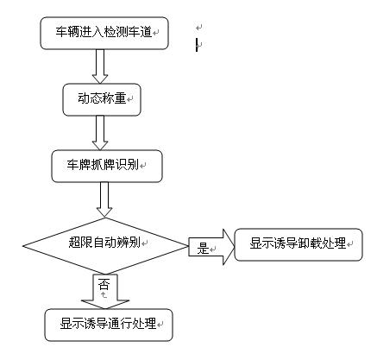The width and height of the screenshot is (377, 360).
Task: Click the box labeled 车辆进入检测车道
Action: click(103, 34)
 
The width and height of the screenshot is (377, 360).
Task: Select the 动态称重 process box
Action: click(101, 99)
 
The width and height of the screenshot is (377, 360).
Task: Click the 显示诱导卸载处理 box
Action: click(297, 243)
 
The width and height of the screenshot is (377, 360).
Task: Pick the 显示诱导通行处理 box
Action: click(108, 325)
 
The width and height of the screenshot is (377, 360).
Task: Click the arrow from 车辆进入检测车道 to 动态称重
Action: click(101, 66)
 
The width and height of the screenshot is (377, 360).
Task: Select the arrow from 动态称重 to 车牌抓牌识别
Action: click(101, 131)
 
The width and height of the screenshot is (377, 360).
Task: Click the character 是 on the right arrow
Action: click(204, 249)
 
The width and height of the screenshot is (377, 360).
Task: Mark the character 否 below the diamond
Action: click(104, 282)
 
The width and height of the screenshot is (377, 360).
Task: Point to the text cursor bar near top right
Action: click(197, 45)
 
